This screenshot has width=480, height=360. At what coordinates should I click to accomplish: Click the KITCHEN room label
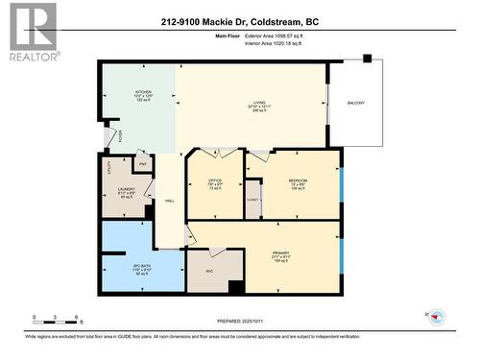click(143, 93)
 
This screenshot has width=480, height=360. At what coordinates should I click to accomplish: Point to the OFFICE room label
click(216, 180)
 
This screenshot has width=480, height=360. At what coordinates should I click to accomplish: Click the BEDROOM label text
click(297, 180)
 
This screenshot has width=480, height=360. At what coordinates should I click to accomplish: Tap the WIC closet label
click(208, 271)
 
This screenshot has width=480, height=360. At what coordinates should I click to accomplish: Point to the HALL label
click(170, 201)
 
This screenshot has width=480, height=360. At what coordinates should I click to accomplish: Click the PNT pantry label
click(142, 164)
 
